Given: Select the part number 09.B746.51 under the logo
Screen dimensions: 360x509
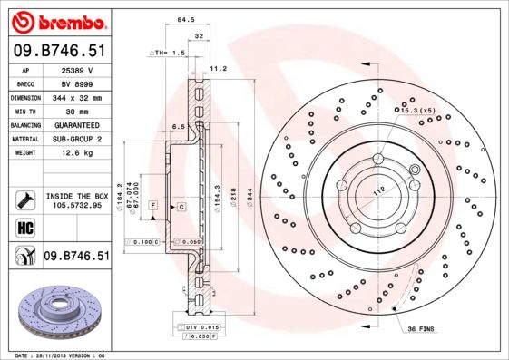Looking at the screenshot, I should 59,52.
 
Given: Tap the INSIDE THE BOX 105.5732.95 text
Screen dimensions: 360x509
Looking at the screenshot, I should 76,201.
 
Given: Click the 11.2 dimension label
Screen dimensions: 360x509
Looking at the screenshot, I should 218,68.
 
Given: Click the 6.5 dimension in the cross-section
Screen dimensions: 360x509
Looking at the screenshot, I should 179,126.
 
